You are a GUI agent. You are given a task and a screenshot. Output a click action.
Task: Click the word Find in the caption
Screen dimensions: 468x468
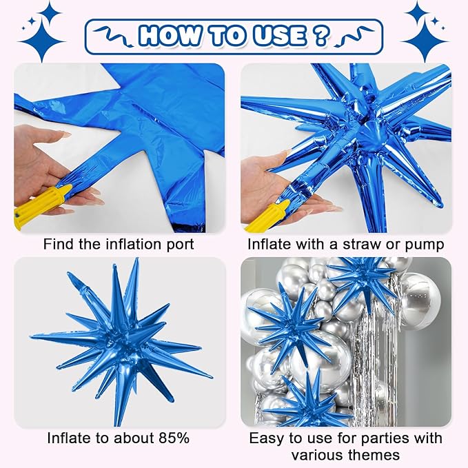[57, 243]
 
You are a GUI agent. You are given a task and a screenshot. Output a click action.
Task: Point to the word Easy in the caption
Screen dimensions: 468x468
[265, 438]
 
